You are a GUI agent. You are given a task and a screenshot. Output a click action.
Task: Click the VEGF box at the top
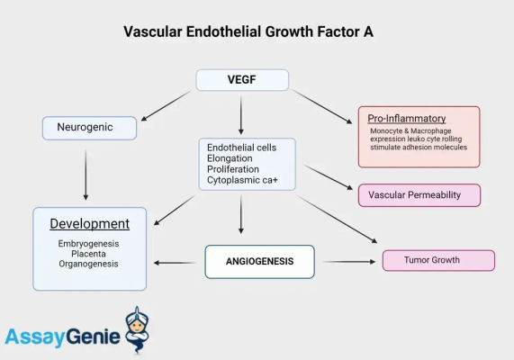point(242,80)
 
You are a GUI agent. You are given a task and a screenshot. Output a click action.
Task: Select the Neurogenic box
point(89,128)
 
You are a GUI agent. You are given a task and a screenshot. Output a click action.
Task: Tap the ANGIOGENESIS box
point(259,262)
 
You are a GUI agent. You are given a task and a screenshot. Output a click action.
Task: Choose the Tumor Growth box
point(438,260)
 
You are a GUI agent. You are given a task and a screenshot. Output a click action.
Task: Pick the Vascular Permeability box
point(419,195)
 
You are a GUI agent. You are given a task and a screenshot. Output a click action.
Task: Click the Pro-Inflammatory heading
point(407,119)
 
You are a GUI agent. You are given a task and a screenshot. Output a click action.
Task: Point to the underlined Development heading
point(89,223)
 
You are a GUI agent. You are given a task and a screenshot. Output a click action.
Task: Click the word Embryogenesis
point(88,243)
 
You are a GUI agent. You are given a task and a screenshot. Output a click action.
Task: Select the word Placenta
point(88,254)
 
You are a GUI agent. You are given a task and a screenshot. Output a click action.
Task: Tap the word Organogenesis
point(88,264)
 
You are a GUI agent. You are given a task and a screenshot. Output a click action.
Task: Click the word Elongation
point(230,157)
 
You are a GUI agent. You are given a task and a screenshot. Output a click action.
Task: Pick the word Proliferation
point(232,168)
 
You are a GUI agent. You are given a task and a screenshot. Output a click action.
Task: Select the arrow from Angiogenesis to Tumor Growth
point(348,262)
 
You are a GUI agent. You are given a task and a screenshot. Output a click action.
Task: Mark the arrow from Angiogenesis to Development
point(176,262)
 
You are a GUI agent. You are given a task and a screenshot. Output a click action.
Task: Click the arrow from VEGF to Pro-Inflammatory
point(321,106)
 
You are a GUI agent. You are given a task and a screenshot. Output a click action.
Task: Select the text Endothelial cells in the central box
point(241,147)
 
